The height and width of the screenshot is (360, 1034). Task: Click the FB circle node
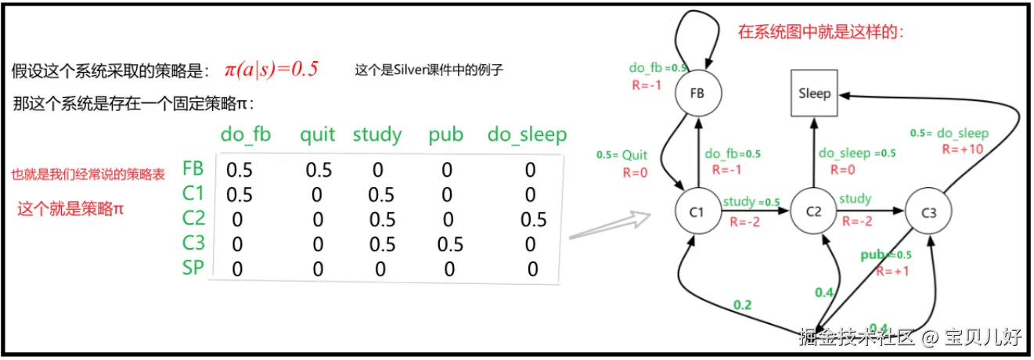697,92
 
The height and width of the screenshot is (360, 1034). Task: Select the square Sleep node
815,94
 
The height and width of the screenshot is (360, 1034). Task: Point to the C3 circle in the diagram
928,211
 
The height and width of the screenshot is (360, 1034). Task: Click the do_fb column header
246,135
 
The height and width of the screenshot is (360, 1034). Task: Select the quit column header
317,135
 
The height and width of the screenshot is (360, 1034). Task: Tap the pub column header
446,135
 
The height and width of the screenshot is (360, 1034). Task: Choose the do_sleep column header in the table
527,135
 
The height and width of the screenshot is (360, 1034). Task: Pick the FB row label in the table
193,168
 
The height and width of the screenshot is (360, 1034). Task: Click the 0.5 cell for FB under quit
318,170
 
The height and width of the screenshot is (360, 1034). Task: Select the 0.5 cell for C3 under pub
449,245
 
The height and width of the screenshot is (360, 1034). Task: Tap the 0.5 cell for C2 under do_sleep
533,220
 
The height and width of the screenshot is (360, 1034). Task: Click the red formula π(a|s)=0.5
272,68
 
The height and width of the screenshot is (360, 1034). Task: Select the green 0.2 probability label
741,304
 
